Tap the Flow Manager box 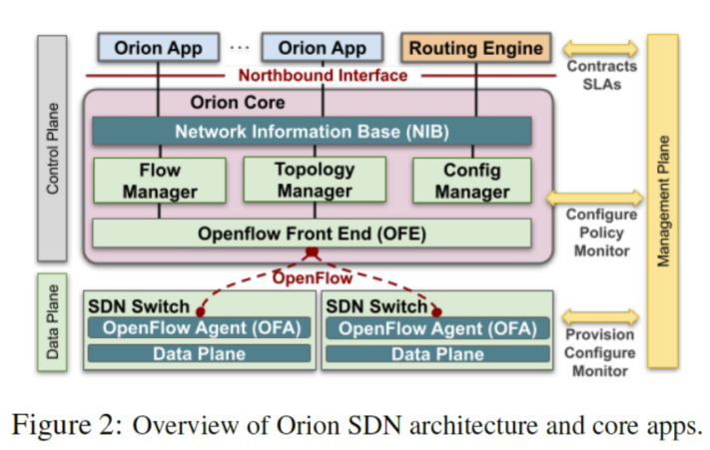[x=159, y=181]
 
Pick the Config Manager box [x=471, y=181]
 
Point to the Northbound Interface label [x=322, y=75]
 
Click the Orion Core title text [x=237, y=102]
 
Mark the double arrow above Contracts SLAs [x=602, y=47]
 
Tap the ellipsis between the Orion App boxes [x=239, y=47]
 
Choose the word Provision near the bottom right [x=600, y=335]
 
